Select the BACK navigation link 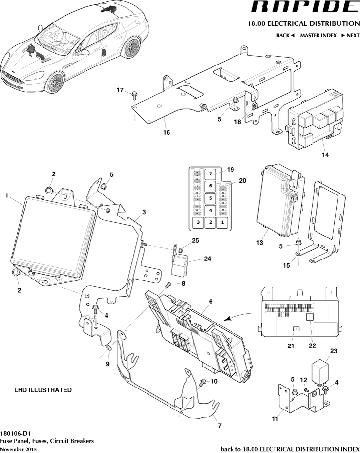point(285,35)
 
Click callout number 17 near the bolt point(120,90)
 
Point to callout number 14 point(325,155)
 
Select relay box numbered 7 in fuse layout point(209,174)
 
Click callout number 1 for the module point(7,195)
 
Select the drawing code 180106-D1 point(16,433)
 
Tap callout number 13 point(260,242)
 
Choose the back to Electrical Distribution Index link point(290,449)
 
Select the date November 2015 point(18,449)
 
